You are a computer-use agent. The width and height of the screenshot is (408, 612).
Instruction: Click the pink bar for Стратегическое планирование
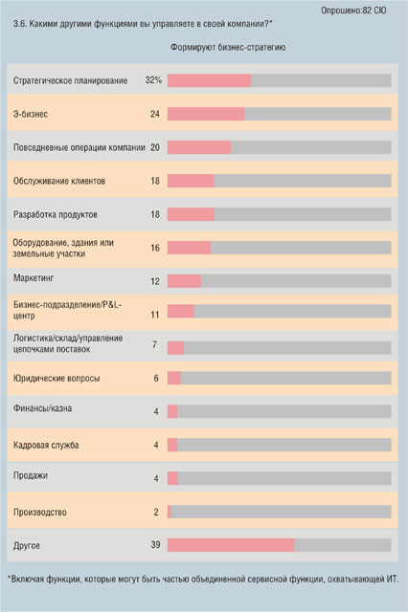[x=209, y=80]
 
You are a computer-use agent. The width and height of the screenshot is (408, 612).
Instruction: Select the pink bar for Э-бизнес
[x=206, y=114]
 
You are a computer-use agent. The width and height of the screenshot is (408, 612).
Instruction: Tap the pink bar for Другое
[x=231, y=545]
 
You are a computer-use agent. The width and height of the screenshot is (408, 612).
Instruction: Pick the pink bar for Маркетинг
[x=184, y=281]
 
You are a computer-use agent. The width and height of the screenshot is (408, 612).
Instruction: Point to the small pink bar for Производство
[x=170, y=512]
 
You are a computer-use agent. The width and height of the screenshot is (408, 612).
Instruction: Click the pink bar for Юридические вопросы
[x=174, y=378]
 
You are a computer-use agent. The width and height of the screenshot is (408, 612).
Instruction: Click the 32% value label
[x=153, y=80]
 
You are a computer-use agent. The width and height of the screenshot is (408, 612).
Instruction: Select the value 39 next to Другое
[x=155, y=545]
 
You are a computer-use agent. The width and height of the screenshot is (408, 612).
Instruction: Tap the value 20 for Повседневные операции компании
[x=155, y=147]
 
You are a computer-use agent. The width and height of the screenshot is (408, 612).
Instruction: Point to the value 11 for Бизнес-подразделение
[x=155, y=315]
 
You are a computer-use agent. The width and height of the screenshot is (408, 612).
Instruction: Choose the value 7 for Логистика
[x=155, y=344]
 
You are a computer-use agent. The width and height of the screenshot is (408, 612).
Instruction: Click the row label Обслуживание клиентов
[x=59, y=181]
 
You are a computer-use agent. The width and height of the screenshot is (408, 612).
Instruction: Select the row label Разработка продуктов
[x=56, y=214]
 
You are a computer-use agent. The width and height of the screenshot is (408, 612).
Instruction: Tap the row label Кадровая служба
[x=46, y=445]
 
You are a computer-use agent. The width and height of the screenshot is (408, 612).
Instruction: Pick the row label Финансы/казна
[x=42, y=408]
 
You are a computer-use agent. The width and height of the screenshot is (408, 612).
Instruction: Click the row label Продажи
[x=31, y=475]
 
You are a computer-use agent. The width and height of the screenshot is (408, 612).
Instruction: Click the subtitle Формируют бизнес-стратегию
[x=228, y=47]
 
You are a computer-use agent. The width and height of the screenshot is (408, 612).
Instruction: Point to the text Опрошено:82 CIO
[x=353, y=11]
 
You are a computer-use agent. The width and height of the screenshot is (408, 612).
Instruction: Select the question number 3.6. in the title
[x=19, y=24]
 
